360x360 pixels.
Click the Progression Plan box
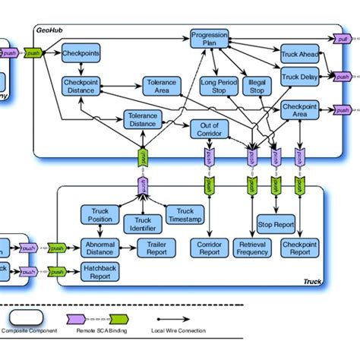coord(209,39)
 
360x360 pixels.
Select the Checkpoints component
coord(81,54)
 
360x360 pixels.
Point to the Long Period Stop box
coord(219,87)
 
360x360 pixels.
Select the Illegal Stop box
coord(257,87)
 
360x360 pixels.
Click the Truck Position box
coord(100,215)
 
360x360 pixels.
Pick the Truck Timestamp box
coord(179,215)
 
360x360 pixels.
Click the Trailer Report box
coord(156,247)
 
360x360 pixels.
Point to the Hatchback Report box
coord(100,271)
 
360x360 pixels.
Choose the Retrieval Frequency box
coord(253,247)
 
